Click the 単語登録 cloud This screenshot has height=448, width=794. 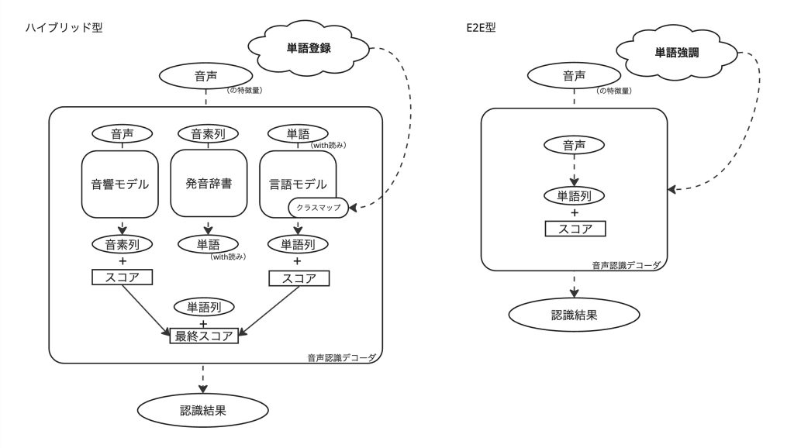309,47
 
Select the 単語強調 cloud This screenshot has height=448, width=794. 676,52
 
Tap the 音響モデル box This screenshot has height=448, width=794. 120,184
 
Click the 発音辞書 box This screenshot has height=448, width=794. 209,183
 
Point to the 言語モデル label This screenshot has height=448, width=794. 298,184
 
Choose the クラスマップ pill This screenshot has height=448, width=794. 319,208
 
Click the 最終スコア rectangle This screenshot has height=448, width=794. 204,336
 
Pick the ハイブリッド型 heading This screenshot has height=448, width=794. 64,27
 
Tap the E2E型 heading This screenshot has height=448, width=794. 481,27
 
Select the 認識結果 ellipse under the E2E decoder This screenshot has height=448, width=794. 575,315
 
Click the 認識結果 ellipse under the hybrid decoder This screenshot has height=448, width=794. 203,410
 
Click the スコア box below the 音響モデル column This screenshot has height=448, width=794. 122,277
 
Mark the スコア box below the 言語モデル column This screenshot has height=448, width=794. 299,278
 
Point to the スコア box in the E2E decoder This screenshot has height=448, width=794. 575,229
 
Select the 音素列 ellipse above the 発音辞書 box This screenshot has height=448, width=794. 208,134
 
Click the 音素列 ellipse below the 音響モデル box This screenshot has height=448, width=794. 122,244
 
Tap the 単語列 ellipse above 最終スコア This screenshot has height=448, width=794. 204,307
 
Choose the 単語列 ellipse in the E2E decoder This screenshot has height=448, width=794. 575,196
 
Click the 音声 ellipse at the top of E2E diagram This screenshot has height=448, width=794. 575,76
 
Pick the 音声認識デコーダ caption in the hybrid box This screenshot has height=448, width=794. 342,358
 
